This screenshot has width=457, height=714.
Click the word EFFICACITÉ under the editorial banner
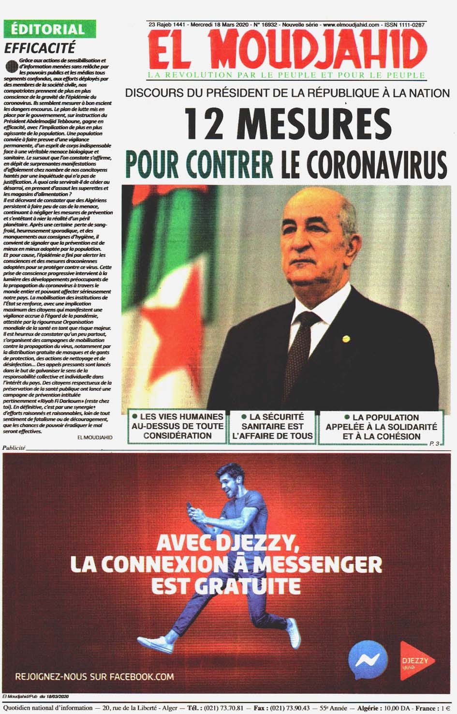point(40,48)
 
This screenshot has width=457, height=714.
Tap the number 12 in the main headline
point(206,123)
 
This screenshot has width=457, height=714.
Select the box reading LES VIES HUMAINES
point(177,426)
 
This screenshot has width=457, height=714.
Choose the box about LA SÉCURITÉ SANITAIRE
point(272,426)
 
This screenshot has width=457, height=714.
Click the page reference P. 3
point(434,444)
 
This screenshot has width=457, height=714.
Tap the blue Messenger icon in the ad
point(368,661)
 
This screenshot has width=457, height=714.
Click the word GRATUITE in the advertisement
point(248,586)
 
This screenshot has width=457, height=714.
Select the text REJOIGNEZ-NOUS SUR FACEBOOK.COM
point(94,676)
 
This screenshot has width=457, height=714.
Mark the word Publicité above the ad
point(14,448)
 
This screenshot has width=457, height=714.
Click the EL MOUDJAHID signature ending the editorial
point(95,437)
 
